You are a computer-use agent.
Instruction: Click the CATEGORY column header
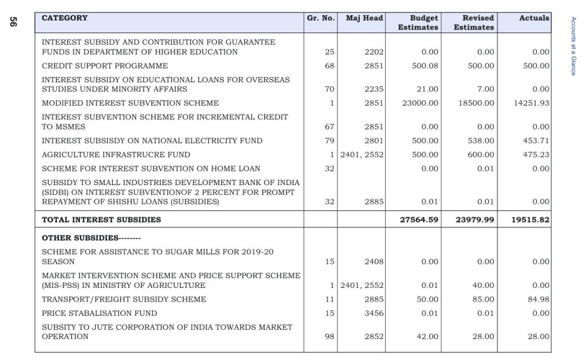(x=65, y=18)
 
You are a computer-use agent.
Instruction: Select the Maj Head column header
(x=364, y=18)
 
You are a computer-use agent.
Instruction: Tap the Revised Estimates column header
(x=474, y=23)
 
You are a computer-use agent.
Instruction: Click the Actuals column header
(x=534, y=18)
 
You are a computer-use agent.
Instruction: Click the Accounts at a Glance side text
(x=572, y=46)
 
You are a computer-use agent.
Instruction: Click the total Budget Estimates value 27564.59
(x=419, y=220)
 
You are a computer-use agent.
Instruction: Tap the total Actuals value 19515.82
(x=530, y=220)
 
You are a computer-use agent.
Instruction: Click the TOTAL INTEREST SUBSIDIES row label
(x=102, y=220)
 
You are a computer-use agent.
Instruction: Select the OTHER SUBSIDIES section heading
(x=91, y=238)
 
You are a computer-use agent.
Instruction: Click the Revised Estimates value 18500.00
(x=475, y=103)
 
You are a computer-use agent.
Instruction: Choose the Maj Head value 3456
(x=374, y=313)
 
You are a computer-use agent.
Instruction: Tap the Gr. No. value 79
(x=329, y=141)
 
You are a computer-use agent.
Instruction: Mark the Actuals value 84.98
(x=538, y=299)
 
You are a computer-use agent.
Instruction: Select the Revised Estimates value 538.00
(x=481, y=141)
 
